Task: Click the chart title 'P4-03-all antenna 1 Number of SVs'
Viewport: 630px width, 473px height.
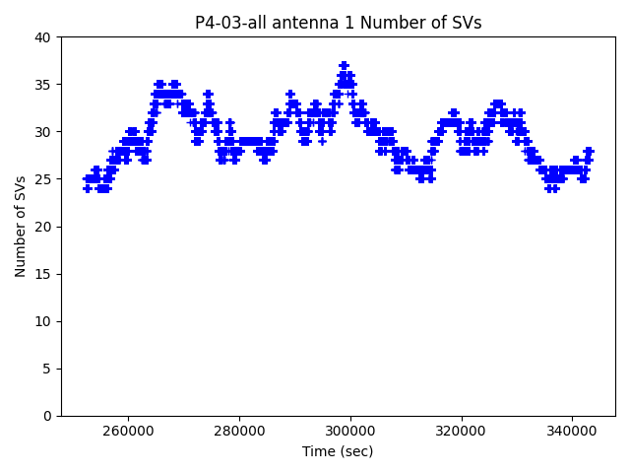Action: click(x=338, y=23)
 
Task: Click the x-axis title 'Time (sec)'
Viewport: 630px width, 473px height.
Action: click(x=338, y=451)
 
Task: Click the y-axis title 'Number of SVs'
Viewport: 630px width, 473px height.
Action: click(x=21, y=227)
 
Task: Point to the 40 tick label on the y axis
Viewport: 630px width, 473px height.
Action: click(x=44, y=37)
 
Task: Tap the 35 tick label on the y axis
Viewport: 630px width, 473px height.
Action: click(x=44, y=85)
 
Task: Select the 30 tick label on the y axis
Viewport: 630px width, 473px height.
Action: click(x=44, y=132)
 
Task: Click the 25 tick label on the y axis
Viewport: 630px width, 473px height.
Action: click(x=44, y=179)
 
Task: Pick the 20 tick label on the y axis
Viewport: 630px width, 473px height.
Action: click(x=44, y=227)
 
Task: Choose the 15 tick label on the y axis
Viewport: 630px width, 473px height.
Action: click(x=44, y=274)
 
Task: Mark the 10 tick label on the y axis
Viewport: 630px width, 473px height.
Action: click(x=44, y=321)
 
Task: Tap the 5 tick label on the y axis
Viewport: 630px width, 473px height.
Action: click(x=48, y=369)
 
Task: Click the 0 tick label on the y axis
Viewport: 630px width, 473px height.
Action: click(x=48, y=416)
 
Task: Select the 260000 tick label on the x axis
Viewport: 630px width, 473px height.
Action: click(x=128, y=431)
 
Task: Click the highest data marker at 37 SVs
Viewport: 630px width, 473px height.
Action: click(x=344, y=65)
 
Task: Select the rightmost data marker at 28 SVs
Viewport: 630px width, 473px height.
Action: click(x=589, y=151)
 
